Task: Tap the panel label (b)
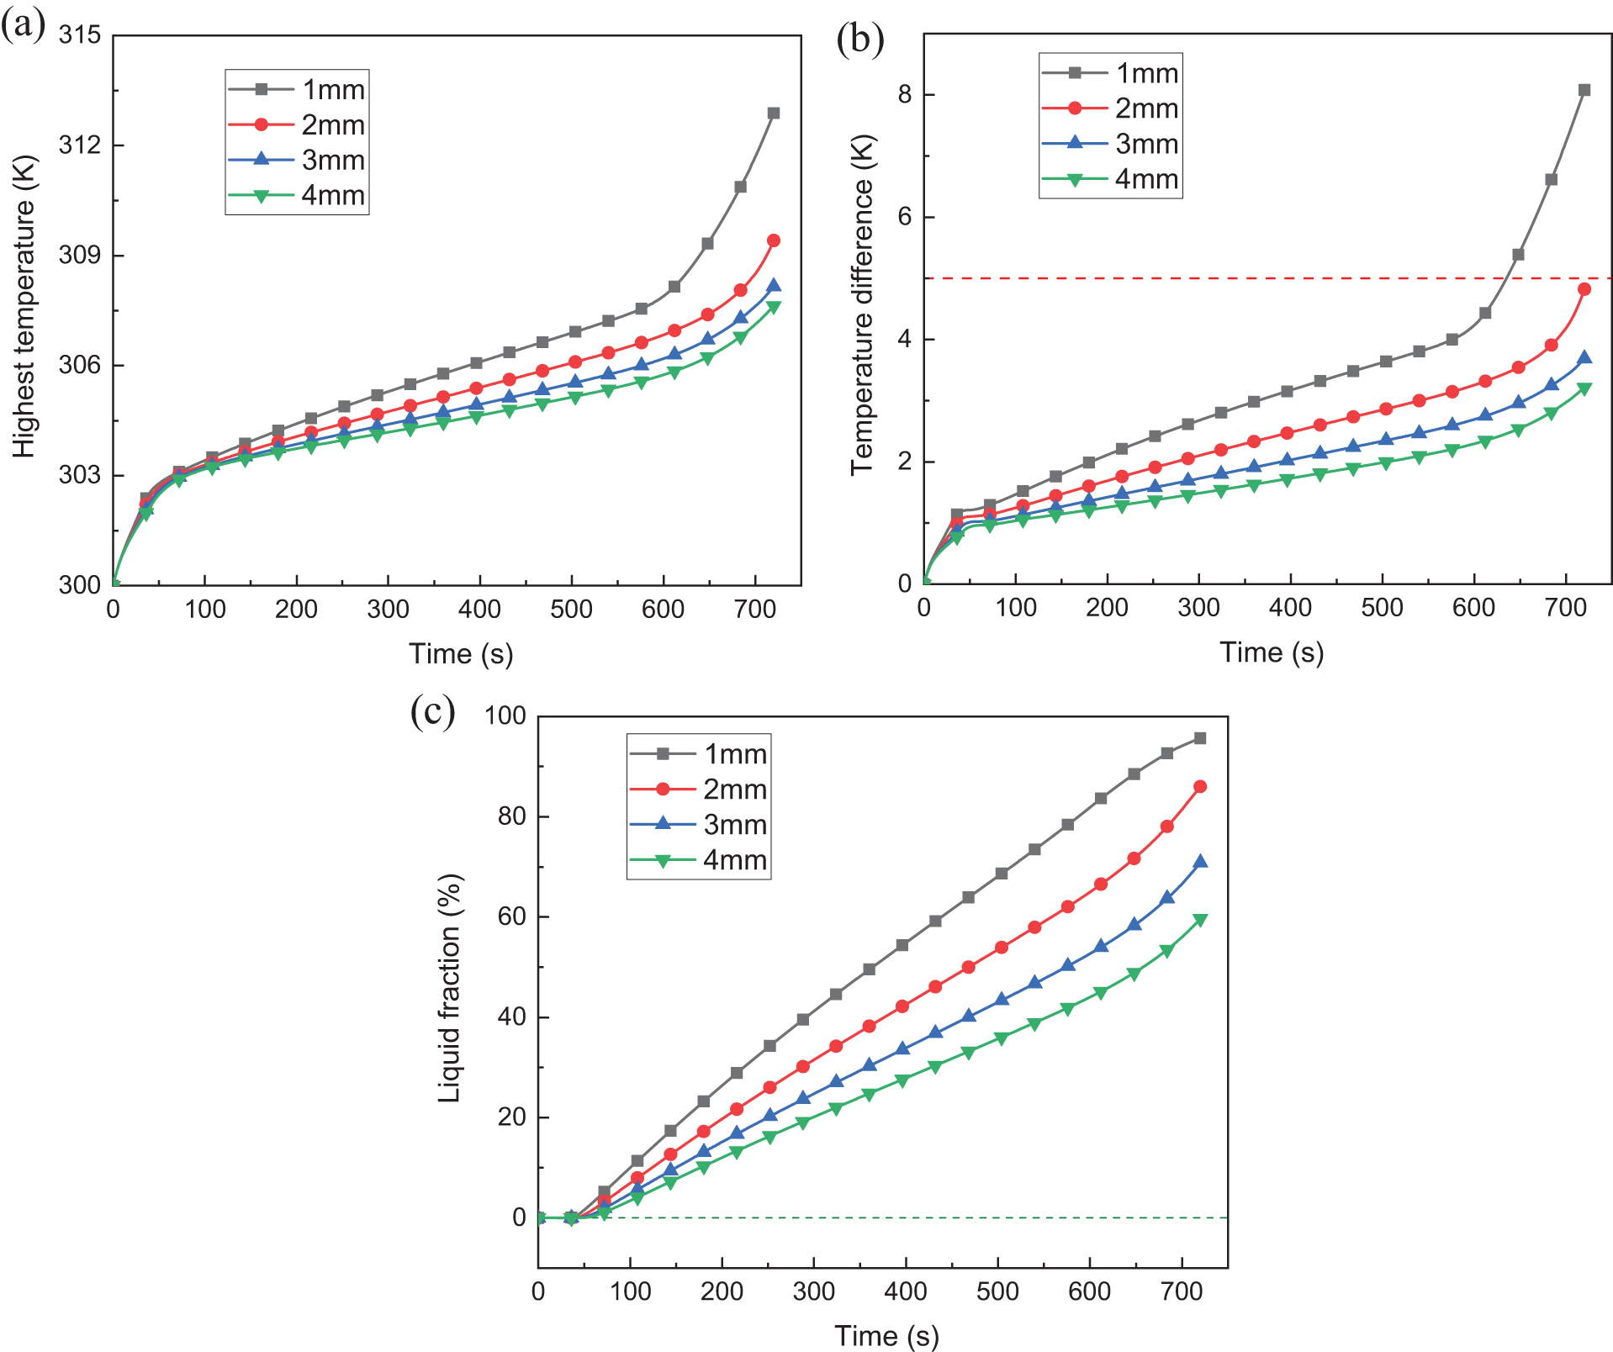859,39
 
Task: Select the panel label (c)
432,710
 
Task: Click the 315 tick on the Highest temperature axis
79,35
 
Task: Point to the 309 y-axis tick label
79,255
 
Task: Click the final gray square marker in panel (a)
774,113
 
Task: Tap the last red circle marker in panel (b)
1584,289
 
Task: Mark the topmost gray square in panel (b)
1584,90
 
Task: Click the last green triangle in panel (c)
1200,920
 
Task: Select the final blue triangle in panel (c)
1200,861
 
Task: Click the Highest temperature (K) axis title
25,306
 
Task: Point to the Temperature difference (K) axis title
863,304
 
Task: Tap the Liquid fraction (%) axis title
450,988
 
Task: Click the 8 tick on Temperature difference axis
905,94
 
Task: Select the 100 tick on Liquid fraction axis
505,716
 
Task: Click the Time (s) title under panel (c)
886,1335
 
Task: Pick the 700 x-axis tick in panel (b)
1565,607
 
